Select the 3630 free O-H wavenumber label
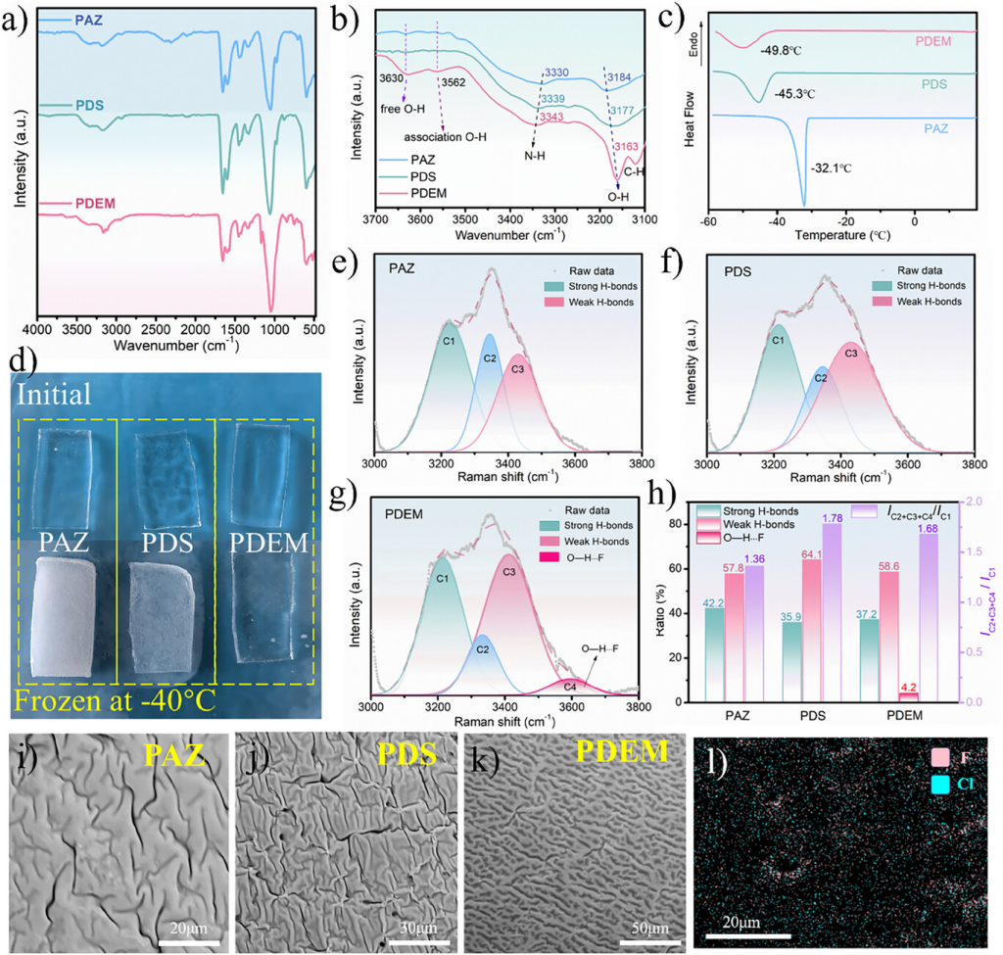[390, 79]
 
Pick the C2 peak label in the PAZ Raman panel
[489, 359]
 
